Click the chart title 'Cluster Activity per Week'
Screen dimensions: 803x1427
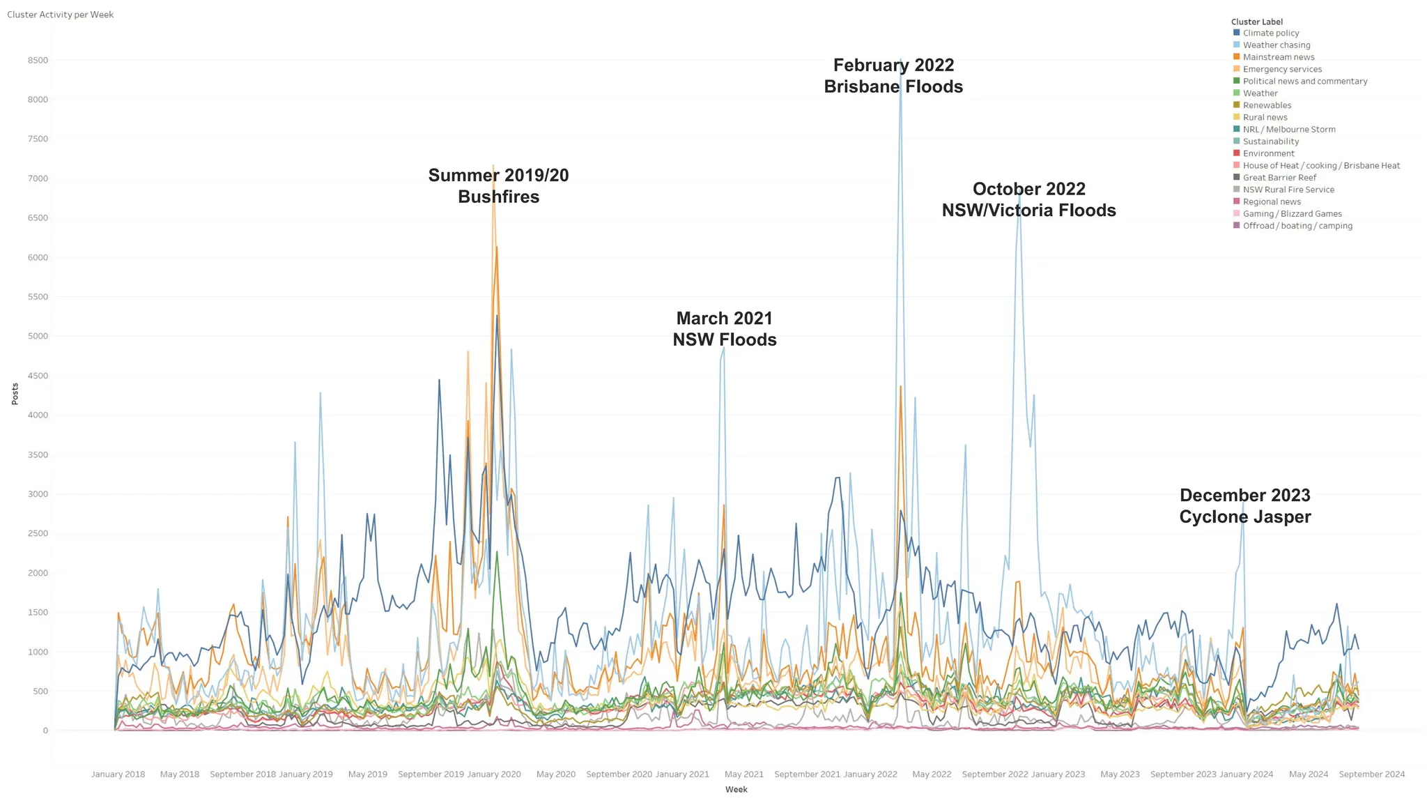click(x=60, y=15)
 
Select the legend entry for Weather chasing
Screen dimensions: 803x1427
click(x=1276, y=45)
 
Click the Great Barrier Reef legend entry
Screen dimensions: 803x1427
click(x=1279, y=178)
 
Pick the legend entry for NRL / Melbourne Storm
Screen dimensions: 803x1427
click(x=1288, y=130)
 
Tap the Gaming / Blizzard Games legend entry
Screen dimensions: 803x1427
click(x=1292, y=214)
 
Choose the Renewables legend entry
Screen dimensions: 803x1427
click(x=1267, y=105)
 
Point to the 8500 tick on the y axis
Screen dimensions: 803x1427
click(x=38, y=61)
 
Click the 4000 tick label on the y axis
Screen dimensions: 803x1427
click(x=38, y=415)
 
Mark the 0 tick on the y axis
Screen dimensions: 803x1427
click(x=45, y=731)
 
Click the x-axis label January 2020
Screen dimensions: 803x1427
click(x=494, y=774)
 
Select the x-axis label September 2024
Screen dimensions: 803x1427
click(x=1371, y=774)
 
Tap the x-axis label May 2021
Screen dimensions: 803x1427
click(x=744, y=774)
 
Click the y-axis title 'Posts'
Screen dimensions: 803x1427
click(x=15, y=394)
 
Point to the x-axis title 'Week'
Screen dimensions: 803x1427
click(x=736, y=790)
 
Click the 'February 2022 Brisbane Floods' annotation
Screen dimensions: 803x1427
click(x=893, y=76)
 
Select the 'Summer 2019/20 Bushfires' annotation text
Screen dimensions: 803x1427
click(x=498, y=186)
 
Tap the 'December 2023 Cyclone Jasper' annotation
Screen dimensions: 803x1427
click(x=1244, y=506)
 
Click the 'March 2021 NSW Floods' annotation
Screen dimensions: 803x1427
click(x=724, y=329)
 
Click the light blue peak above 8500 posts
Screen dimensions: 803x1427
click(x=900, y=61)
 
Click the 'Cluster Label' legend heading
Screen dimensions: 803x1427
click(x=1256, y=22)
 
